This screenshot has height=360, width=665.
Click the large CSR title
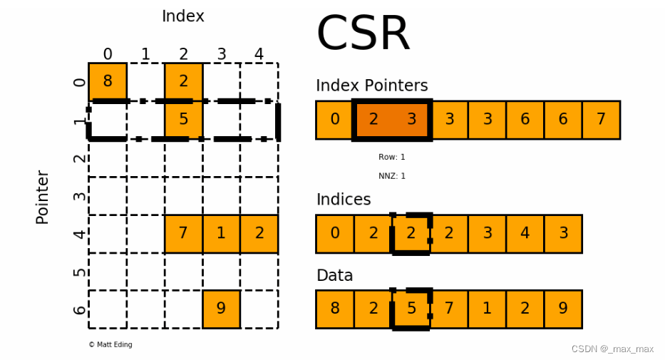click(363, 34)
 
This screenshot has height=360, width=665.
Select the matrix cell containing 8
click(108, 81)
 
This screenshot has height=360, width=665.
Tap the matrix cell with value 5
click(183, 119)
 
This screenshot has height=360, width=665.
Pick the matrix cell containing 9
click(221, 309)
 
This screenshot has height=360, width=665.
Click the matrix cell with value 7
click(183, 233)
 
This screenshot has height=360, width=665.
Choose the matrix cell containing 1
click(221, 233)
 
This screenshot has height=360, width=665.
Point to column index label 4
click(259, 54)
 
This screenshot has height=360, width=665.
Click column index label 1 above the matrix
click(145, 54)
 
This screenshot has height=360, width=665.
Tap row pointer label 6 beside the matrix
click(80, 309)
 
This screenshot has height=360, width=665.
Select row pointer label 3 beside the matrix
click(80, 196)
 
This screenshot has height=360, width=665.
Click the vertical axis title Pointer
click(43, 197)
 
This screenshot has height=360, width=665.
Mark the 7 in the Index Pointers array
click(601, 120)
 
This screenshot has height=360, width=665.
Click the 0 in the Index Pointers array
click(335, 120)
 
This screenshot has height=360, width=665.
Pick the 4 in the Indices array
click(525, 233)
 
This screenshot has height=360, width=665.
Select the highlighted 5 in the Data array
click(411, 309)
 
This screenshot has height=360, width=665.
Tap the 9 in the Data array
click(563, 309)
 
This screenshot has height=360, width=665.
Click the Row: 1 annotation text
click(391, 157)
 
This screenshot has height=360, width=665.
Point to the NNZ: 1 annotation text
click(391, 175)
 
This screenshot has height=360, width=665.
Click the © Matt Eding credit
click(110, 344)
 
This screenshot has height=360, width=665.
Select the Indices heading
click(343, 200)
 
